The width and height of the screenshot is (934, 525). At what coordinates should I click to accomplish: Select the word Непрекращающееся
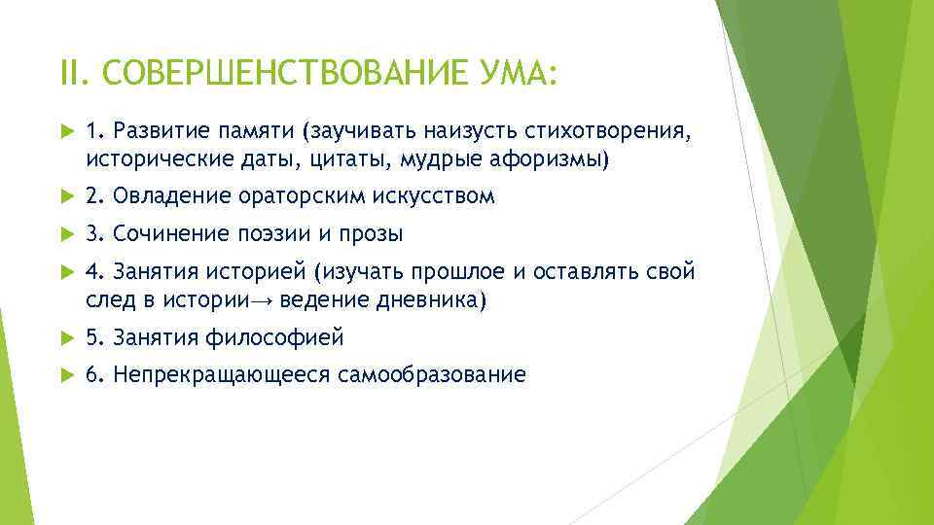pos(222,375)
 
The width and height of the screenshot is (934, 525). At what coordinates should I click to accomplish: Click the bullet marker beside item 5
pos(65,338)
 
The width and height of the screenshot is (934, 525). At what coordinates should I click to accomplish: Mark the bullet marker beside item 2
pos(65,197)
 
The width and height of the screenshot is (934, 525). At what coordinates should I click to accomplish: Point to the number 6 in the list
pos(92,375)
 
